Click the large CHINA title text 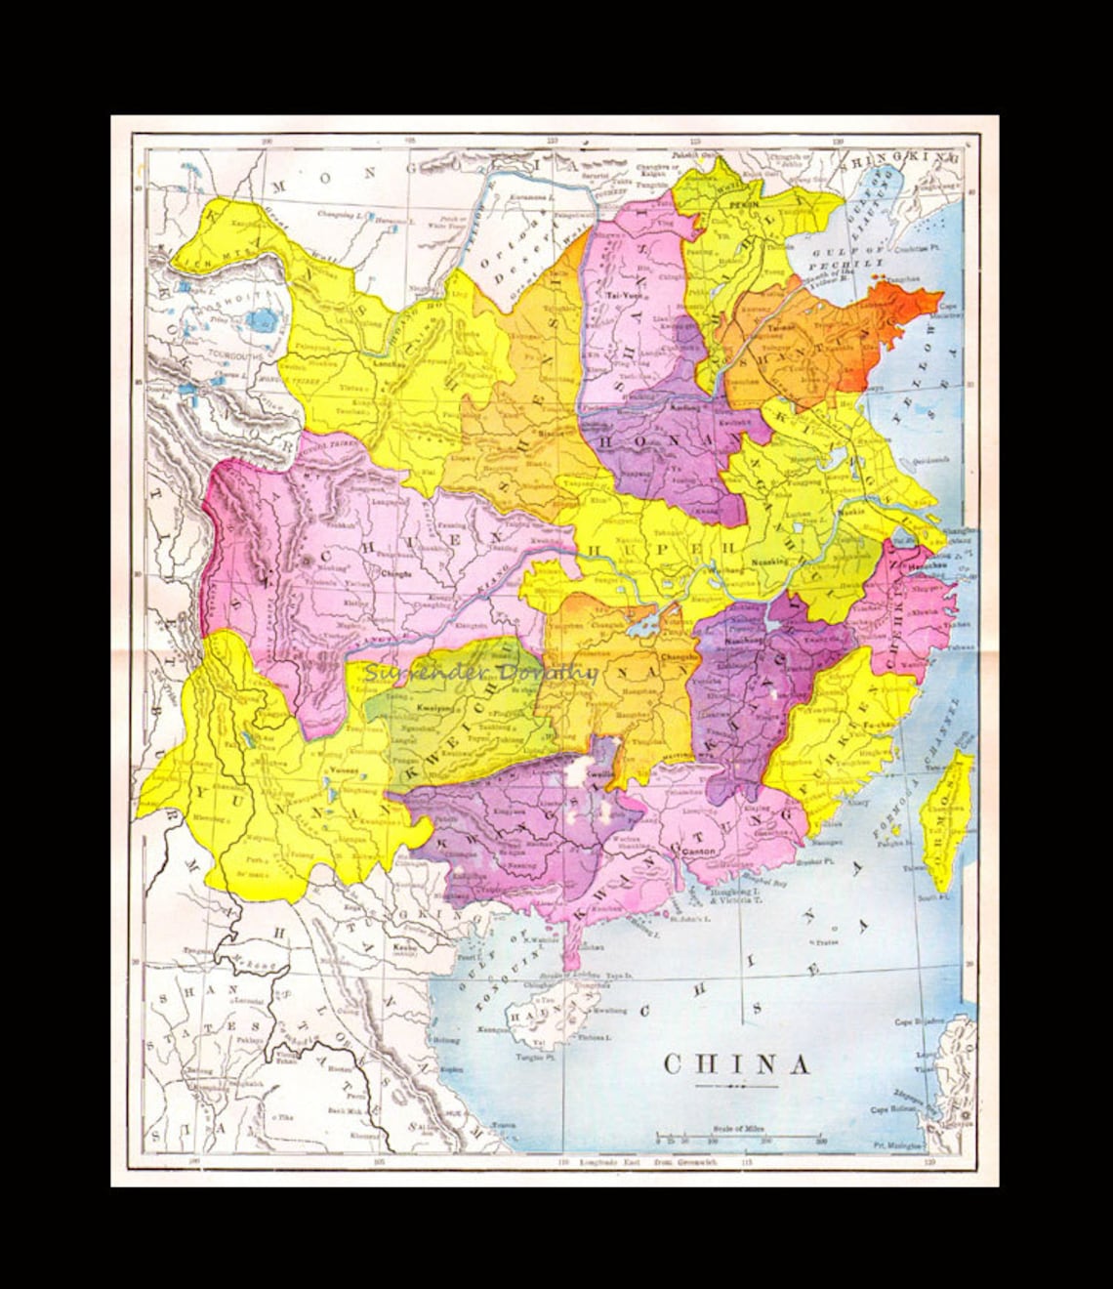[x=737, y=1063]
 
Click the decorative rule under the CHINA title [x=737, y=1086]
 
